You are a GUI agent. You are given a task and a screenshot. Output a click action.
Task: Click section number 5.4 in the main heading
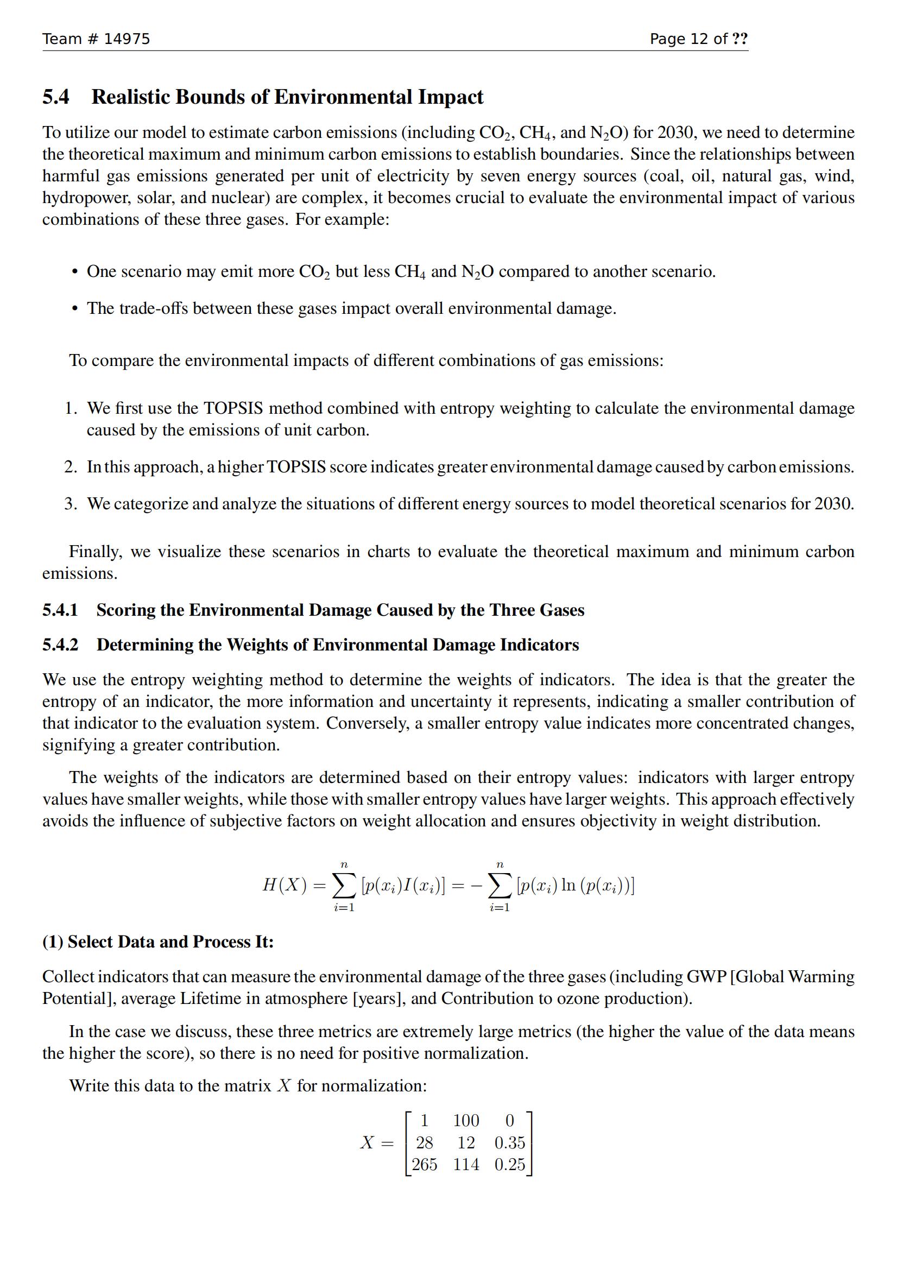tap(56, 97)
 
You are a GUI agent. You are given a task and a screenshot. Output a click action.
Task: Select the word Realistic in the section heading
tap(130, 97)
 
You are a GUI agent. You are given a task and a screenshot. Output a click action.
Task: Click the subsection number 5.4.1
tap(60, 610)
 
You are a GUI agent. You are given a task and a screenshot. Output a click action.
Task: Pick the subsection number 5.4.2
tap(60, 645)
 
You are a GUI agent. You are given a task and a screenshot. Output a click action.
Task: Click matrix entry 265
tap(424, 1164)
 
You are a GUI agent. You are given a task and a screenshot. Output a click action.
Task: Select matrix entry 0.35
tap(509, 1143)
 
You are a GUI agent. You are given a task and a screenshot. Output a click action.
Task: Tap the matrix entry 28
tap(424, 1143)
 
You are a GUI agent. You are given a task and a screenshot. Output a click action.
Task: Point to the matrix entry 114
tap(466, 1164)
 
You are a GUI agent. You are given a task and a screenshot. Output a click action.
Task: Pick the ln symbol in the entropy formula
tap(568, 885)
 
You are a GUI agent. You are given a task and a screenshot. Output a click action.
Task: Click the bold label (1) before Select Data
tap(53, 942)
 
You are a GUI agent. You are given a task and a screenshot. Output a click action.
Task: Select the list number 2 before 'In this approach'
tap(70, 467)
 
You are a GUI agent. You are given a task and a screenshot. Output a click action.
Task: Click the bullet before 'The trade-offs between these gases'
tap(74, 308)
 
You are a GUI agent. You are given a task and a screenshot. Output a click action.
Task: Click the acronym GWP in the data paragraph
tap(706, 977)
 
